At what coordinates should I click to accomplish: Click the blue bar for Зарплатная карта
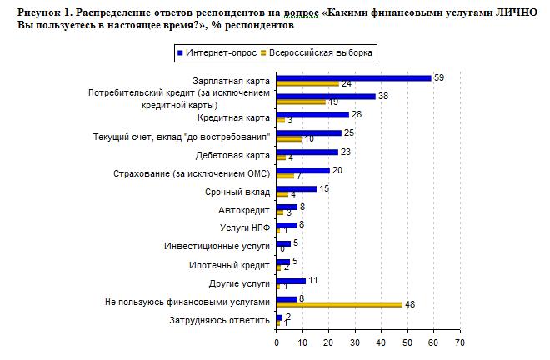click(353, 78)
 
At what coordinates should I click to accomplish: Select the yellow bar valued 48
click(338, 304)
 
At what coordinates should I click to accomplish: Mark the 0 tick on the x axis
click(277, 342)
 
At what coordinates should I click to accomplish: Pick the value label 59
click(438, 77)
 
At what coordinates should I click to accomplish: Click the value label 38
click(383, 96)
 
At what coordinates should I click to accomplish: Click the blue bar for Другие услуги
click(291, 281)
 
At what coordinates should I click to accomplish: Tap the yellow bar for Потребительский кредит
click(301, 102)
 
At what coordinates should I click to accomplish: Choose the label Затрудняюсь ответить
click(220, 319)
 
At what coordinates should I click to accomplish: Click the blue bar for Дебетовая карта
click(307, 152)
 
